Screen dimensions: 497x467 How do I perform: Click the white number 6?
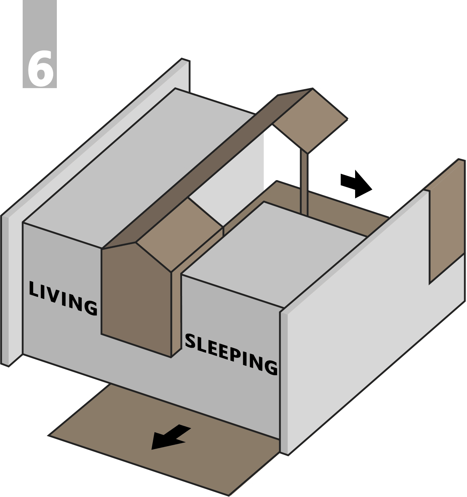40,68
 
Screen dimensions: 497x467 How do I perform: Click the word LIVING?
63,298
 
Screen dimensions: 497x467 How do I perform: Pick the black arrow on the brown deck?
170,437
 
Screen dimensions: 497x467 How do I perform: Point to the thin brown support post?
304,183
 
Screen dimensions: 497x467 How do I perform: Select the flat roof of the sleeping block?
273,252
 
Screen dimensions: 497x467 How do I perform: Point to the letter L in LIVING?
33,290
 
